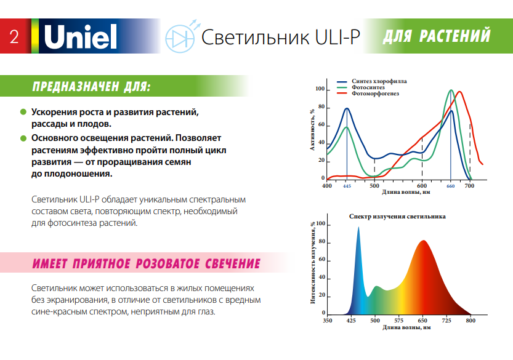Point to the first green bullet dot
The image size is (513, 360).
pyautogui.click(x=23, y=113)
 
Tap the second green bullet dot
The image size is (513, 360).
pyautogui.click(x=23, y=138)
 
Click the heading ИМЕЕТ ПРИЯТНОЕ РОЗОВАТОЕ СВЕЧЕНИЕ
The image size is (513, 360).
pyautogui.click(x=145, y=264)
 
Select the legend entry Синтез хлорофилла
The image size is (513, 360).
pyautogui.click(x=379, y=81)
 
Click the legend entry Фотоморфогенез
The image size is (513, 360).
pyautogui.click(x=375, y=94)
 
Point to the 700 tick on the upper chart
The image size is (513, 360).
pyautogui.click(x=469, y=185)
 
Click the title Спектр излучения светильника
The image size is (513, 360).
pyautogui.click(x=397, y=217)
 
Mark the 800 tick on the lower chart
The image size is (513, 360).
pyautogui.click(x=471, y=321)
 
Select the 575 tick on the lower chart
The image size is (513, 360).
pyautogui.click(x=398, y=321)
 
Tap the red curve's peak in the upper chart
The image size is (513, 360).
pyautogui.click(x=459, y=92)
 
